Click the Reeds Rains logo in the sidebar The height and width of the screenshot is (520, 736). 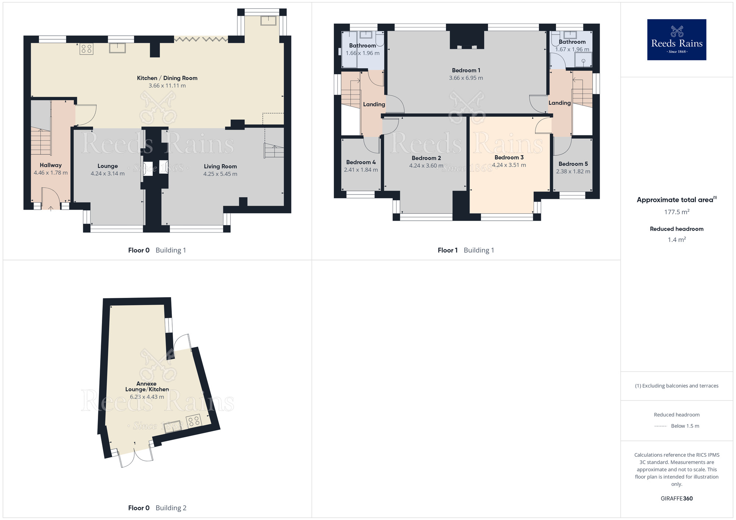676,40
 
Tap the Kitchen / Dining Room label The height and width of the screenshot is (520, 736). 167,78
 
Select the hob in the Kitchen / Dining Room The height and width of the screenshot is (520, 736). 86,49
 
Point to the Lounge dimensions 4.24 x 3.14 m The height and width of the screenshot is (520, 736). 108,174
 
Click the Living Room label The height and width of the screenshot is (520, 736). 220,166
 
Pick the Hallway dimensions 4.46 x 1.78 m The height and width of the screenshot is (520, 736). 51,173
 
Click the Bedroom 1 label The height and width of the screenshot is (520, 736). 466,70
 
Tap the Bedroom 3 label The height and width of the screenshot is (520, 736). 509,157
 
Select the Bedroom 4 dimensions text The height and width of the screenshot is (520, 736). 361,170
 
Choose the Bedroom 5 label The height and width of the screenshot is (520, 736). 573,164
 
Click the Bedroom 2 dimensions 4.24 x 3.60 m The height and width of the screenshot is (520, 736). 427,166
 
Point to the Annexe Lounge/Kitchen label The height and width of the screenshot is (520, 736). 147,387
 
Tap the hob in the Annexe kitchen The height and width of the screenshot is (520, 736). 194,421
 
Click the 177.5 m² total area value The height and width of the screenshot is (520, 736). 677,212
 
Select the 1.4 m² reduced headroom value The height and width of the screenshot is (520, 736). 677,240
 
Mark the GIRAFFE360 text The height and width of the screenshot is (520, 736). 677,499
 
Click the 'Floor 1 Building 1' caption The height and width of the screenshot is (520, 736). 466,250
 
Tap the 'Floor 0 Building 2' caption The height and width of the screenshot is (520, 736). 157,508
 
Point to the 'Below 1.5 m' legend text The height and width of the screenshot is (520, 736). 685,426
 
